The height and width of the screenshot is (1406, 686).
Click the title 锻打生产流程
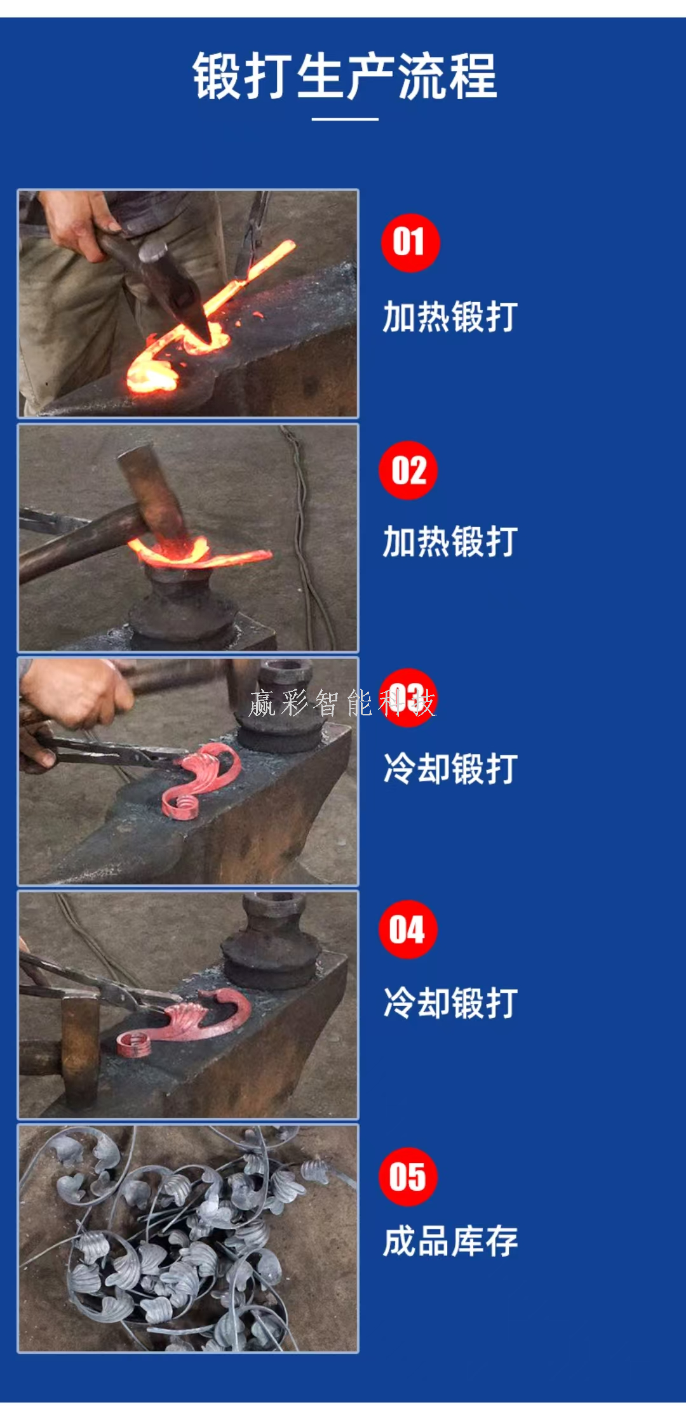[345, 76]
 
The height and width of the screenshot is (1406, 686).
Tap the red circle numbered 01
[410, 242]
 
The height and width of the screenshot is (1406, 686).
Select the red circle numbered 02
[408, 470]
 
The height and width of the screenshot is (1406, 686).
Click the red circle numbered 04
[408, 929]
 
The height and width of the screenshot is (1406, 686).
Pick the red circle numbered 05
[408, 1176]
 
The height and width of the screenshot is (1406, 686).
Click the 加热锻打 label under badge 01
[450, 317]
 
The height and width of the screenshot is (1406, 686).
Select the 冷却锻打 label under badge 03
[450, 768]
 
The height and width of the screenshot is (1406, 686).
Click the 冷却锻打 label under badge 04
[450, 1003]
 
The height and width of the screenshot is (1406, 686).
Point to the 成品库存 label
[450, 1241]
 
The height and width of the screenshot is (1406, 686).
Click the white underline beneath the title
[345, 119]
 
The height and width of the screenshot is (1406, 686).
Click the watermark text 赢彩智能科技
[342, 703]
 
